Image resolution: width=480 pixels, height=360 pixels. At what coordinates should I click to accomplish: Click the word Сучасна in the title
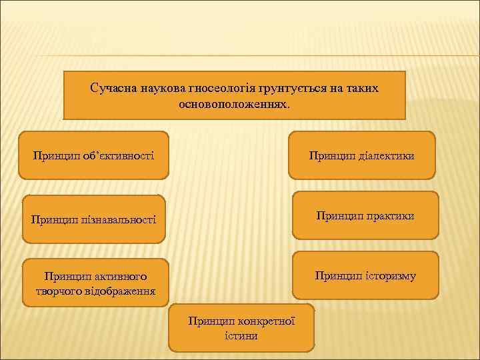pos(111,88)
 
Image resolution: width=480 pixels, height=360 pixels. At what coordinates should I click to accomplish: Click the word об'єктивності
pos(117,156)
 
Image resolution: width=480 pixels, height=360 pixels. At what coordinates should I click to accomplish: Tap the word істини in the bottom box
pos(241,335)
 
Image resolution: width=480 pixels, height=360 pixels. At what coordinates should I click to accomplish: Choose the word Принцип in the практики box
pos(339,216)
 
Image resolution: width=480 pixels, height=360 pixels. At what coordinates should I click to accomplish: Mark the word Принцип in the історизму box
pos(338,275)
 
